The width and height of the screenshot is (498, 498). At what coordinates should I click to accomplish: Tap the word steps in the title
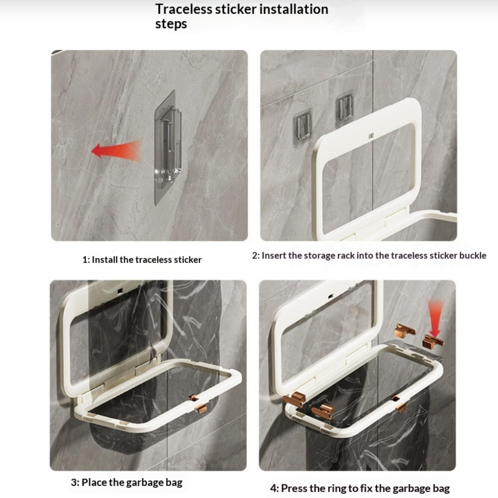(x=171, y=24)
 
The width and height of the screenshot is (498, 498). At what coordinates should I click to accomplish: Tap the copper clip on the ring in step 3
(x=200, y=408)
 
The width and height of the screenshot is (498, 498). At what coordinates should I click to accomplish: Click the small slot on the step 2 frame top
(x=371, y=136)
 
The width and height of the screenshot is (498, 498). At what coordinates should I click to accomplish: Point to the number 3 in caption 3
(x=74, y=482)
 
